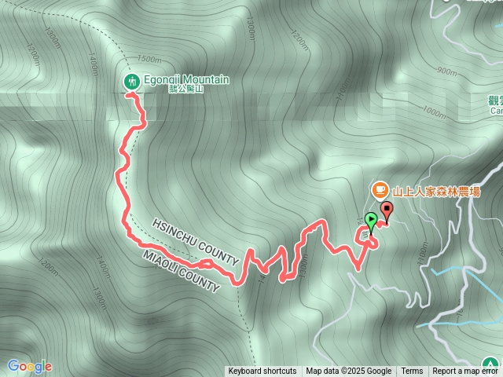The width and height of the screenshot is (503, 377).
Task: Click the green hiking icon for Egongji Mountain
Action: [x=132, y=80]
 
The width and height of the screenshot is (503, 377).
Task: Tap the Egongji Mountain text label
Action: [x=186, y=79]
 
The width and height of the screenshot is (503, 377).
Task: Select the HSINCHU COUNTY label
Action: [x=195, y=241]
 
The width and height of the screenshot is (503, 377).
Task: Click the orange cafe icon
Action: [x=380, y=190]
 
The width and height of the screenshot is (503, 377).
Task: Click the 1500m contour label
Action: [x=148, y=59]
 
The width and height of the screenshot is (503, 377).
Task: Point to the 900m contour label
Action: [x=446, y=71]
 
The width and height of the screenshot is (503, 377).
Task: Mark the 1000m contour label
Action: [x=433, y=112]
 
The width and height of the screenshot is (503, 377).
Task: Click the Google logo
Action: [x=29, y=366]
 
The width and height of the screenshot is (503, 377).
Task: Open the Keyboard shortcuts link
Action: [x=263, y=372]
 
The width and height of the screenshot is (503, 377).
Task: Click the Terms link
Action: [x=412, y=372]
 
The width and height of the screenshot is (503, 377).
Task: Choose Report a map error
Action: [x=467, y=372]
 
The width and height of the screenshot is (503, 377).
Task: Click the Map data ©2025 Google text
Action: [x=349, y=372]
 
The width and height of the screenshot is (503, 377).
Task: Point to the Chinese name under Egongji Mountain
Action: [x=186, y=90]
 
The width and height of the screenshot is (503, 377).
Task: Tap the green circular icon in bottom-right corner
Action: [x=492, y=366]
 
